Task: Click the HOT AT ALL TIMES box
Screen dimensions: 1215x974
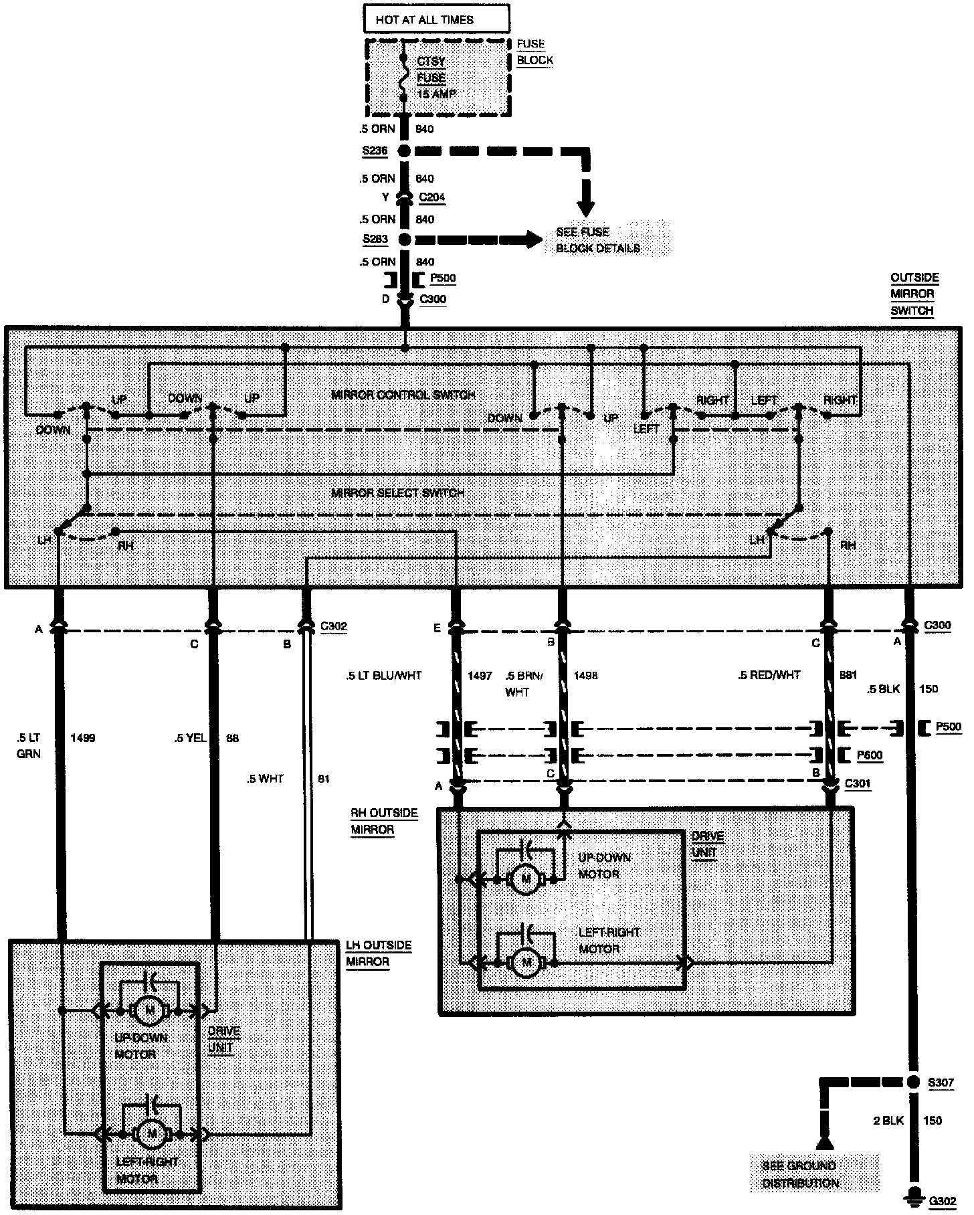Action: pyautogui.click(x=436, y=19)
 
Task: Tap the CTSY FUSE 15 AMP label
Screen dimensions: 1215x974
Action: pyautogui.click(x=435, y=78)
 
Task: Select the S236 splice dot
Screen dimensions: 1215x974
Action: pyautogui.click(x=404, y=151)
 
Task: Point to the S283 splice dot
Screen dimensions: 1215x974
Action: pyautogui.click(x=404, y=240)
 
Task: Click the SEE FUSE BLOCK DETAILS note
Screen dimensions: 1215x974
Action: pyautogui.click(x=598, y=240)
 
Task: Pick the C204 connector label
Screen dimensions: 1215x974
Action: pyautogui.click(x=431, y=197)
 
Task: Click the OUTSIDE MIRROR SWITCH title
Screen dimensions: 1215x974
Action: pyautogui.click(x=914, y=294)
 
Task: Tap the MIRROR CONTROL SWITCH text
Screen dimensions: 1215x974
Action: pyautogui.click(x=403, y=395)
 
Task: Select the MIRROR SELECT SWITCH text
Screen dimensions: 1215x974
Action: pyautogui.click(x=397, y=493)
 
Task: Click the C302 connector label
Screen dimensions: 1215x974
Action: pyautogui.click(x=334, y=627)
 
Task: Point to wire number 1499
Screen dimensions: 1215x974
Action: pyautogui.click(x=83, y=738)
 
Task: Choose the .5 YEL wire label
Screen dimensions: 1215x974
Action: pyautogui.click(x=190, y=739)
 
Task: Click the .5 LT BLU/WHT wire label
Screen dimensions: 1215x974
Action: pyautogui.click(x=384, y=676)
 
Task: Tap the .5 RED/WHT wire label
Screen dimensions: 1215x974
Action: pyautogui.click(x=769, y=675)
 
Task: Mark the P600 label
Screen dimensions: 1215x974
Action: pyautogui.click(x=870, y=755)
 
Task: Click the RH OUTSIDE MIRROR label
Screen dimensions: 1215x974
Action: pyautogui.click(x=383, y=822)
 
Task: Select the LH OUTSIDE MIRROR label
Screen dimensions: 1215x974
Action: pyautogui.click(x=379, y=953)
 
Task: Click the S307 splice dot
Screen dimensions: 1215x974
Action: pyautogui.click(x=913, y=1083)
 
